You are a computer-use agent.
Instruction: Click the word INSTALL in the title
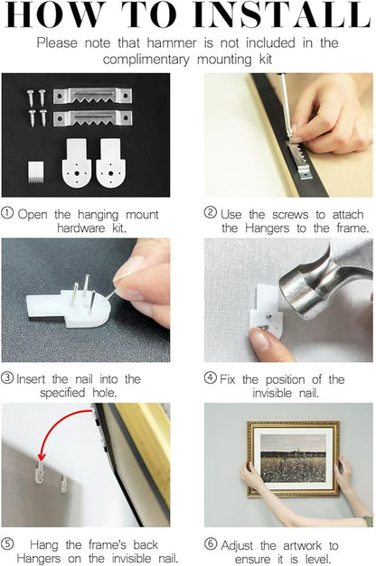pyautogui.click(x=282, y=14)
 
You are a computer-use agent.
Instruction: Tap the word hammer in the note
pyautogui.click(x=172, y=43)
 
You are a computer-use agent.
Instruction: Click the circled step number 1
pyautogui.click(x=7, y=213)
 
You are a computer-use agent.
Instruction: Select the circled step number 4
pyautogui.click(x=210, y=377)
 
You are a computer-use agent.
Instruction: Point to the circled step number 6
pyautogui.click(x=211, y=543)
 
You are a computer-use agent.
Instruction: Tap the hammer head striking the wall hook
pyautogui.click(x=323, y=285)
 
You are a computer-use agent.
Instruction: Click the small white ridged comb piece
pyautogui.click(x=36, y=172)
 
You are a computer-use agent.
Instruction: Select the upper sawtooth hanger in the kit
pyautogui.click(x=92, y=96)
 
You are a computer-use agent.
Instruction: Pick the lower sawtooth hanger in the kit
pyautogui.click(x=92, y=118)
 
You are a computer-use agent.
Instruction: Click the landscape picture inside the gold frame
pyautogui.click(x=293, y=458)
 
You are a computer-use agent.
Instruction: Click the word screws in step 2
pyautogui.click(x=290, y=215)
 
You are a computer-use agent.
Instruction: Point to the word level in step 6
pyautogui.click(x=318, y=559)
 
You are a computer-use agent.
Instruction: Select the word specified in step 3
pyautogui.click(x=62, y=393)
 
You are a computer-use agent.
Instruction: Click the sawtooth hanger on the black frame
pyautogui.click(x=299, y=159)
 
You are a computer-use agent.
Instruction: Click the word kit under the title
pyautogui.click(x=266, y=60)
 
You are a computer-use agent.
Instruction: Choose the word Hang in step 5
pyautogui.click(x=43, y=544)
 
